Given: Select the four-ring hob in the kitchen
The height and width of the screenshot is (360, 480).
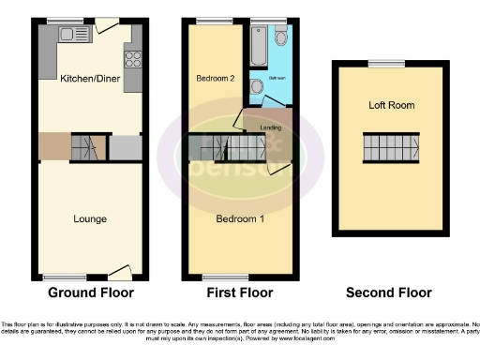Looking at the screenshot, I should [133, 60].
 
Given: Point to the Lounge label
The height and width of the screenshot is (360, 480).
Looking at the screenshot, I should [90, 218].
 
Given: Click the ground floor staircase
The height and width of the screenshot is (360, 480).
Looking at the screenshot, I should [82, 146].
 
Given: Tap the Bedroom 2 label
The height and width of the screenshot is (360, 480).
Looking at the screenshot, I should [215, 79].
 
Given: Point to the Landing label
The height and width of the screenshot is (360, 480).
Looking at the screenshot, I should [272, 128].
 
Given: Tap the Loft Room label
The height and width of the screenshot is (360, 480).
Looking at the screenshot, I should [391, 105].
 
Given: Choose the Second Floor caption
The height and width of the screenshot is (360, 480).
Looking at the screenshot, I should [389, 292].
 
